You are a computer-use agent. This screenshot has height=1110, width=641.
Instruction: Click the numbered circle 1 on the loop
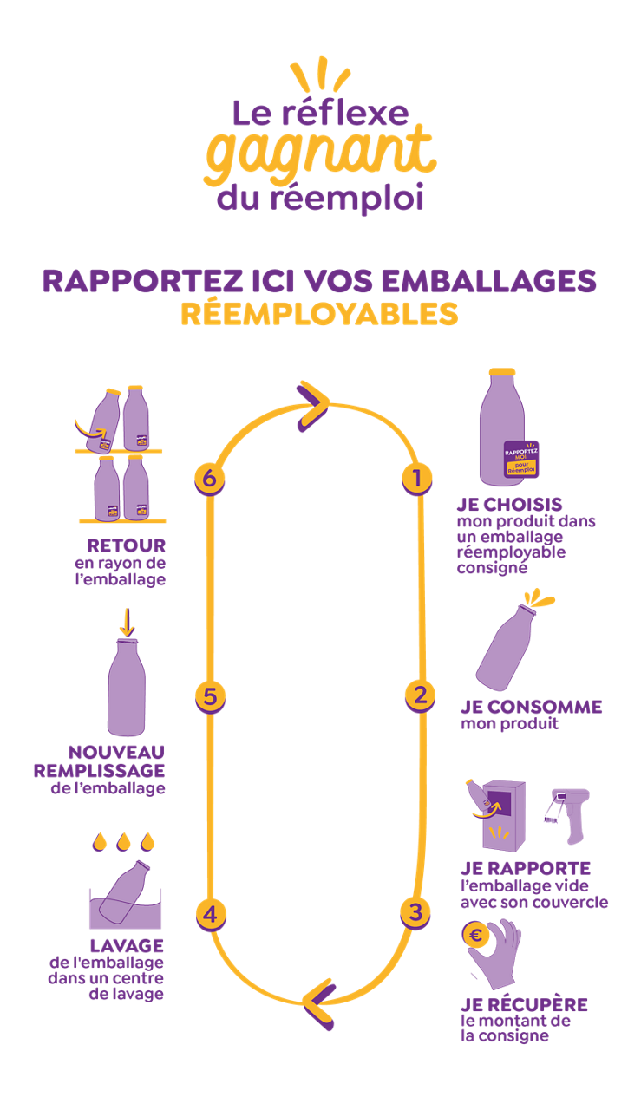[417, 478]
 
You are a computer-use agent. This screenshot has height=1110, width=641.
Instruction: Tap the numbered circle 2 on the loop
[419, 695]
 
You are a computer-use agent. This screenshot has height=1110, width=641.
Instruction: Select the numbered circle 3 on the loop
[415, 911]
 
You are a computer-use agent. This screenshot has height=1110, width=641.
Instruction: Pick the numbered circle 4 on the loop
[211, 914]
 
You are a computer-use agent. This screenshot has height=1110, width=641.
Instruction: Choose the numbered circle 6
[208, 479]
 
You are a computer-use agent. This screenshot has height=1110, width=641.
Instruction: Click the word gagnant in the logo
[320, 153]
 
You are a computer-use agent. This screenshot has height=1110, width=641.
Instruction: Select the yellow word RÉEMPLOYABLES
[319, 313]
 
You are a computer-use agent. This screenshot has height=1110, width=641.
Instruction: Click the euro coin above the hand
[476, 935]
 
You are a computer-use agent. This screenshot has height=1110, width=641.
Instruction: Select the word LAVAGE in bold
[127, 946]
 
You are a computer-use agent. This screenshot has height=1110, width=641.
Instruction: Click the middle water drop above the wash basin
[123, 840]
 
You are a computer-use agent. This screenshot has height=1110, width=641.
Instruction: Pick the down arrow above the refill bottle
[127, 620]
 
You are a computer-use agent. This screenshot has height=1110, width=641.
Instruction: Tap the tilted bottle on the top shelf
[101, 422]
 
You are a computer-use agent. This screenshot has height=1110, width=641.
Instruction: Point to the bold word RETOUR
[126, 546]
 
